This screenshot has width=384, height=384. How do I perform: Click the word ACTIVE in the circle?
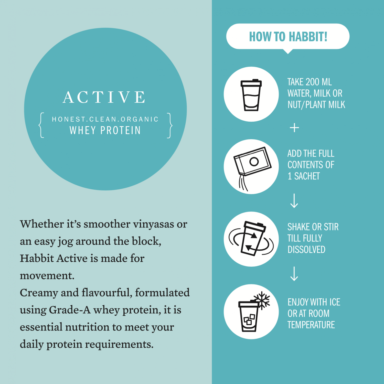[104, 97]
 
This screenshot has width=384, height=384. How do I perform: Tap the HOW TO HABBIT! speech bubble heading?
[288, 37]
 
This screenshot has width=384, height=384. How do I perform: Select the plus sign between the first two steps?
[294, 127]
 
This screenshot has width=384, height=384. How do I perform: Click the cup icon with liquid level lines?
[251, 95]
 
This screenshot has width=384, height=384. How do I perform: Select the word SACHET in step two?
[307, 176]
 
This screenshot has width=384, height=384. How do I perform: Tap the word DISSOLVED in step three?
[306, 250]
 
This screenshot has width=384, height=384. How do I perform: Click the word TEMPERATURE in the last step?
[311, 325]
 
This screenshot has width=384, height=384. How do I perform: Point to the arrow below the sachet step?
[294, 201]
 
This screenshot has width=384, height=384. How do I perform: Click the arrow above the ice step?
[294, 274]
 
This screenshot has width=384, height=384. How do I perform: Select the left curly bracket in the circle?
[41, 125]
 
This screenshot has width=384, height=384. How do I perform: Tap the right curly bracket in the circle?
[170, 125]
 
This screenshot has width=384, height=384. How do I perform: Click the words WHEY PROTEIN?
[105, 131]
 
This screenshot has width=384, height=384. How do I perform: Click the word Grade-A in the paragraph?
[70, 310]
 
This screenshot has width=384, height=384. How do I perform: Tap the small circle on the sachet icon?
[254, 162]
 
